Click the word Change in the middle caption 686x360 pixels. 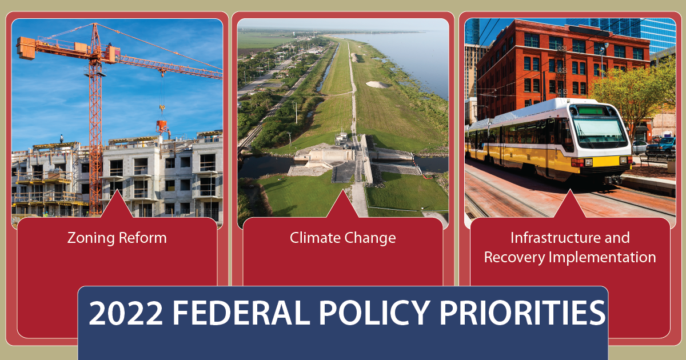(x=369, y=238)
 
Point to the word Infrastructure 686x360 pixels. (x=570, y=238)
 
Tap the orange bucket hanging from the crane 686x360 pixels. (x=162, y=125)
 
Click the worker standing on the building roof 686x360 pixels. (x=62, y=138)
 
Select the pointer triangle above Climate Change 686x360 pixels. (x=342, y=205)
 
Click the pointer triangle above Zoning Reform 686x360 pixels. (x=116, y=205)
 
